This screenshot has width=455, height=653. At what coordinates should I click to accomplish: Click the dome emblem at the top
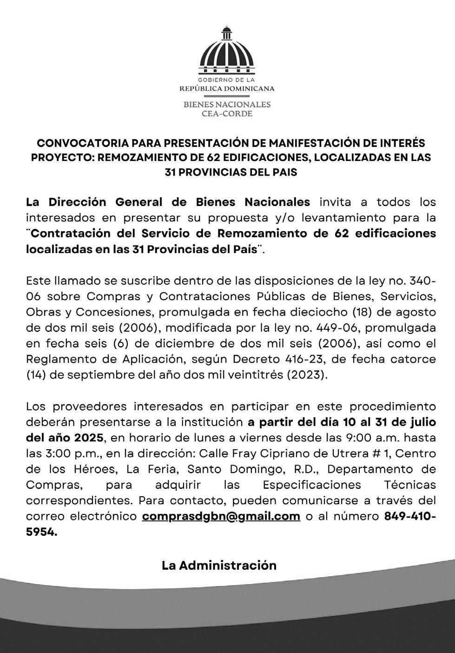pos(227,51)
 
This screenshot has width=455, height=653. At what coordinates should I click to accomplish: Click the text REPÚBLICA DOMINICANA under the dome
pos(227,88)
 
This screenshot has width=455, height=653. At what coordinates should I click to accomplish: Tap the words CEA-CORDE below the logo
pos(227,113)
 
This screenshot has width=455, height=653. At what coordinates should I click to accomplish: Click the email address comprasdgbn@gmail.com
pos(221,516)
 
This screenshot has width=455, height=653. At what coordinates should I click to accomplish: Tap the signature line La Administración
pos(219,565)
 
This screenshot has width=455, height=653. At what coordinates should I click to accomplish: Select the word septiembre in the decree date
pos(93,375)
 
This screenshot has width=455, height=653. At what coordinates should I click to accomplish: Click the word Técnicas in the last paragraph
pos(410,485)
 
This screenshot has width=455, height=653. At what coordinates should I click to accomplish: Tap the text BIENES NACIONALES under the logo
pos(227,104)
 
